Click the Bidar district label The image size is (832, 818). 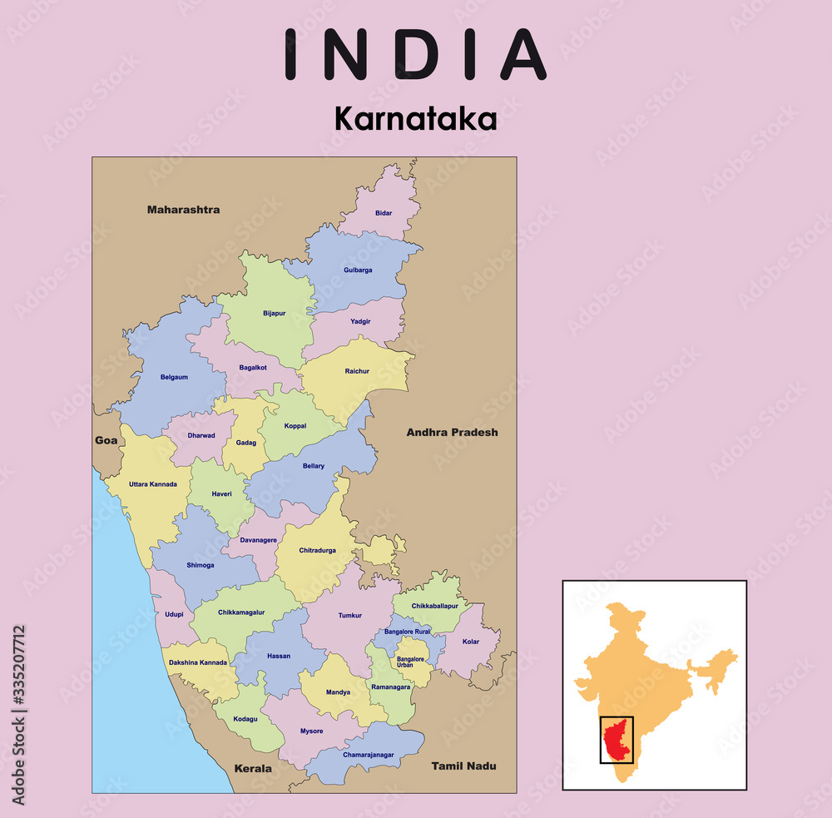coord(383,213)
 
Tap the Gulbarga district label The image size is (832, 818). coord(358,270)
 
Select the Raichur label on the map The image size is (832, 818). coord(357,371)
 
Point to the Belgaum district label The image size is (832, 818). coord(174,377)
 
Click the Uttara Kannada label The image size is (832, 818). coord(153,483)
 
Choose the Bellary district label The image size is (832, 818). coord(314,466)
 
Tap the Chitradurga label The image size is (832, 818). coord(317,550)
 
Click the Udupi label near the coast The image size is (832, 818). coord(174,614)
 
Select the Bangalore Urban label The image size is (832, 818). coord(411,662)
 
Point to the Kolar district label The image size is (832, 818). coord(471,642)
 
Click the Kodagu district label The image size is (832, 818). coord(246,718)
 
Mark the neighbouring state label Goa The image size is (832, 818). coord(106,440)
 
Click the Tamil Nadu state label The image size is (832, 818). coord(463,766)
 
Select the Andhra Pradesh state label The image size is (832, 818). coord(452,432)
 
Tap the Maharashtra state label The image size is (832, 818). coord(183,210)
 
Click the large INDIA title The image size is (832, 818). coord(415,55)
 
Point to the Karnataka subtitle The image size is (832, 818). coord(415,119)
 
